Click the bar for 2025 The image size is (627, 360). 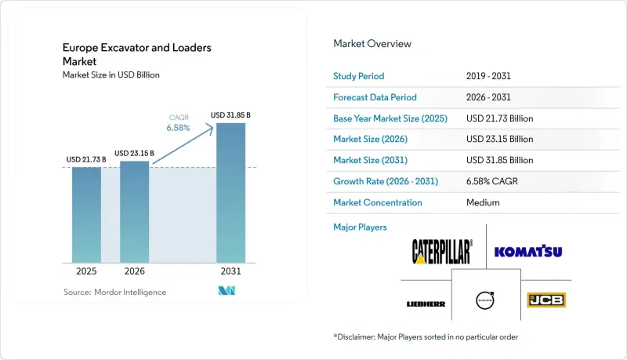(86, 215)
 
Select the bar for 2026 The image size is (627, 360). (134, 212)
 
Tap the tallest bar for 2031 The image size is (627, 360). (230, 193)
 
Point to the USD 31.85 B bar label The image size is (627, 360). (230, 115)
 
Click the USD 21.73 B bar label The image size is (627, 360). (86, 159)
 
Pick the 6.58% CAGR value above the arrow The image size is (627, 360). (179, 128)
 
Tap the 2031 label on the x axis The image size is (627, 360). (230, 271)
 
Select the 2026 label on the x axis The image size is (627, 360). (134, 271)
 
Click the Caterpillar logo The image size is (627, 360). (442, 252)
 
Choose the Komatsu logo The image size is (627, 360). (528, 251)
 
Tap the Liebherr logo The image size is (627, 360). (426, 304)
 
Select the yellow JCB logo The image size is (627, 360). (546, 300)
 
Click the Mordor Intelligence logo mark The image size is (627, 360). (227, 291)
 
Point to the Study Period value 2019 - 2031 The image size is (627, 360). (488, 76)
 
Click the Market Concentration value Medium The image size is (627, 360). (483, 202)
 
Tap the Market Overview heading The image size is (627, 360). (372, 44)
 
